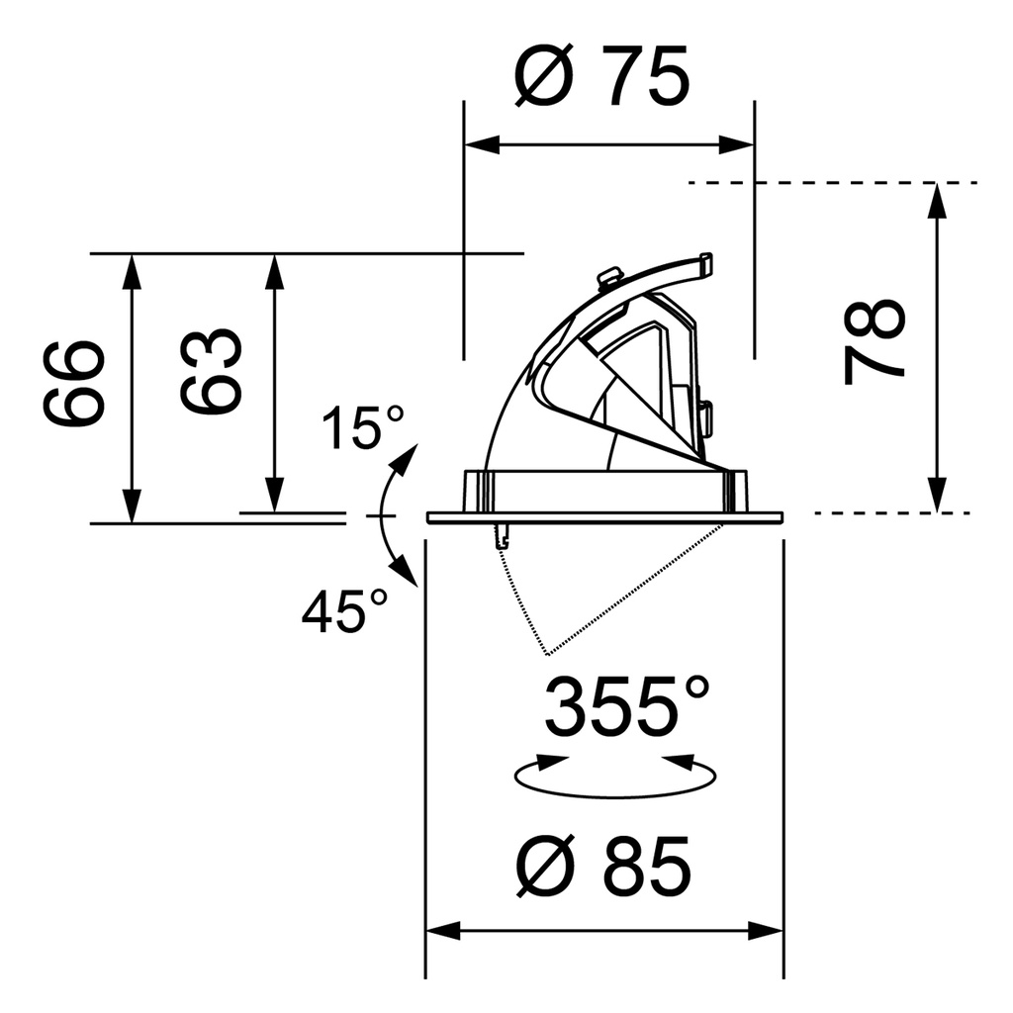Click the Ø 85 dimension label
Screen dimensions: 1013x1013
click(603, 866)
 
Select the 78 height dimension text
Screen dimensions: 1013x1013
click(875, 342)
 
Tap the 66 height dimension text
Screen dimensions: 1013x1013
click(74, 383)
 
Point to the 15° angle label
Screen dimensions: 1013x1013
click(363, 427)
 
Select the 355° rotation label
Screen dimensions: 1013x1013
click(628, 706)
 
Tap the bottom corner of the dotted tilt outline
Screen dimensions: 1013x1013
click(546, 654)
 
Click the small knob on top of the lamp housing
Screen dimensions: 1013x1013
click(609, 277)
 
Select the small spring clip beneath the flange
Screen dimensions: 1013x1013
click(503, 534)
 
